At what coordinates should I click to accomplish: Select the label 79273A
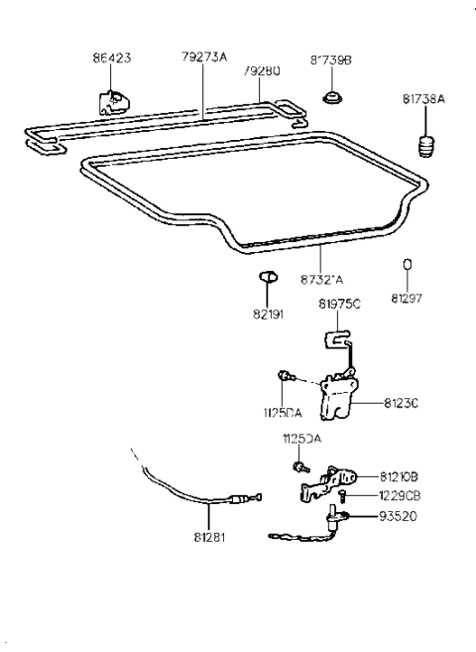click(204, 57)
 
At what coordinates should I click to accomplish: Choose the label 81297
click(407, 297)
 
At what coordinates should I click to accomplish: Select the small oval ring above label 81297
click(407, 266)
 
